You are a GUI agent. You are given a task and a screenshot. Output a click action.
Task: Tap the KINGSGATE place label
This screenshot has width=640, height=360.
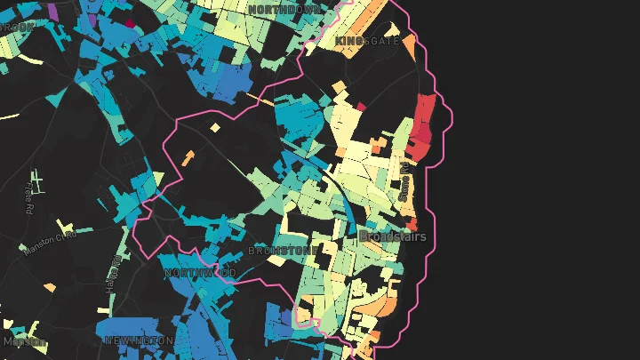point(367,41)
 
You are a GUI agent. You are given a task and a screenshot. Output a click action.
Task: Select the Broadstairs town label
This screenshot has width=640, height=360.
point(392,236)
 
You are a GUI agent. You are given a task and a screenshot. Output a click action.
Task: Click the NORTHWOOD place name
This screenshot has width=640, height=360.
point(200,273)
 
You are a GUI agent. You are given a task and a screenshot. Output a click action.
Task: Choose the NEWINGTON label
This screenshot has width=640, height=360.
point(139,340)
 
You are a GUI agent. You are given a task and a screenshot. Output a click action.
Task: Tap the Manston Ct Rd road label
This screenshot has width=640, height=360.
point(51,241)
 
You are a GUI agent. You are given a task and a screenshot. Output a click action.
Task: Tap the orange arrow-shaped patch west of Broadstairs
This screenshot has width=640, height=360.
point(188,159)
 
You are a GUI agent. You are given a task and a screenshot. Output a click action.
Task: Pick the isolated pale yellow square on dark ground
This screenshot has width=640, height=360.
point(215,128)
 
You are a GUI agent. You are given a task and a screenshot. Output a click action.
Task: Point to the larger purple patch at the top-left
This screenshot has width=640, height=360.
point(52,12)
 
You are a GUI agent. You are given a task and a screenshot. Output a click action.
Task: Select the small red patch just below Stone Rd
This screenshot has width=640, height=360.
point(412,222)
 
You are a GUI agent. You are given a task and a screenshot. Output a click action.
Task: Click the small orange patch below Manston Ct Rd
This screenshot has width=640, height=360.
point(50,288)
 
